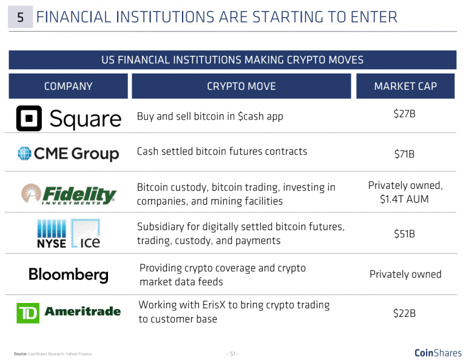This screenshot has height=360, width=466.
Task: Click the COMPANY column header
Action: [68, 86]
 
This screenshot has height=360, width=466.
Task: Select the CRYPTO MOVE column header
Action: [241, 86]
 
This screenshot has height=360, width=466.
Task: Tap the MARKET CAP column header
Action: [405, 86]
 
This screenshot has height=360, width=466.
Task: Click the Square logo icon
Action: [29, 118]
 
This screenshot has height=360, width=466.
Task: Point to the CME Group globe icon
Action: [25, 154]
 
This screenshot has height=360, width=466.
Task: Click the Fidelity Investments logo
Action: [68, 195]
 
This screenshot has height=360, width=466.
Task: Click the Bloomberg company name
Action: [68, 274]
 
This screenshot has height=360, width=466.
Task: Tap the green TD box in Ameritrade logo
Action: [27, 313]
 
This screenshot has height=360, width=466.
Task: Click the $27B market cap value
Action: [405, 114]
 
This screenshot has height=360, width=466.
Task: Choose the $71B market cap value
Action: [405, 154]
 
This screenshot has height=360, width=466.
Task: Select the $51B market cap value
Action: [405, 234]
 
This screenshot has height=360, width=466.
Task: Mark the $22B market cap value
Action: [405, 313]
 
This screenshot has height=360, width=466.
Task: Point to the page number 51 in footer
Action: [232, 353]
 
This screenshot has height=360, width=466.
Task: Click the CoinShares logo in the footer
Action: [437, 353]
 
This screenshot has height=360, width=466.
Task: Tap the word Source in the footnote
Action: [20, 353]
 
